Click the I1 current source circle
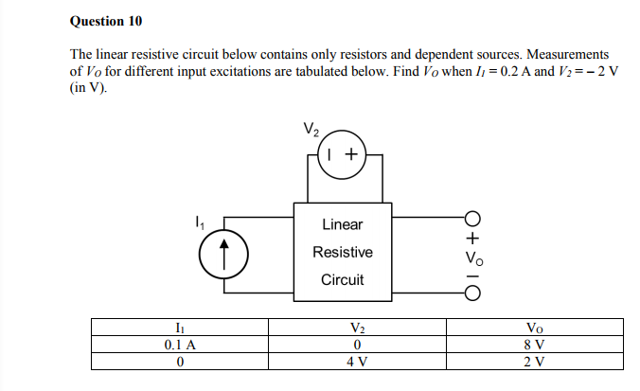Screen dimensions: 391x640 click(x=224, y=253)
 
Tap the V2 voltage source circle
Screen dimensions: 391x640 click(x=342, y=153)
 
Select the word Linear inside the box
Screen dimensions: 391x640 click(x=342, y=224)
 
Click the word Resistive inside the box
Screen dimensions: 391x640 click(x=342, y=253)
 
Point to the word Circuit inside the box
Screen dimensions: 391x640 click(x=342, y=280)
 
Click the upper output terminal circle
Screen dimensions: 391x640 click(x=472, y=216)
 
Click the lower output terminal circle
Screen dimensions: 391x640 click(x=472, y=292)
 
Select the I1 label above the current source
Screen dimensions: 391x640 click(x=198, y=223)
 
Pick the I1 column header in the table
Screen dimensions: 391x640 click(x=180, y=329)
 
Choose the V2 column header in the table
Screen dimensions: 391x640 click(x=356, y=329)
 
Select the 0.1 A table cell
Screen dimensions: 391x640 click(x=180, y=345)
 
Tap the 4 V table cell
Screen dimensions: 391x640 click(x=356, y=361)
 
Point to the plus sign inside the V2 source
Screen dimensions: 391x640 click(x=351, y=153)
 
